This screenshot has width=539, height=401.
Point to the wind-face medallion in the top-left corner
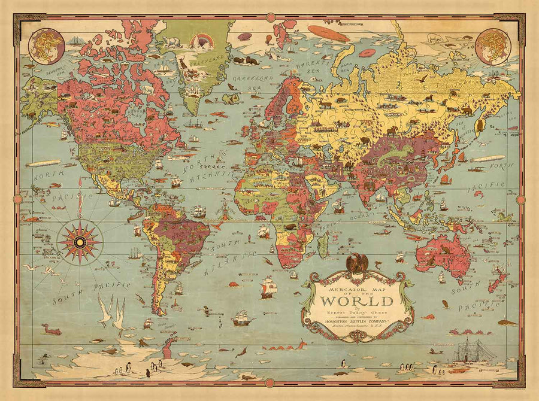tap(47, 46)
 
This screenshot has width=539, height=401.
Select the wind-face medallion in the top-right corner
tap(492, 46)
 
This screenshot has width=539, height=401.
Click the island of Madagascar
tap(323, 245)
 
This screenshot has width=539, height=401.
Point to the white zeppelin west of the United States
tap(43, 163)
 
